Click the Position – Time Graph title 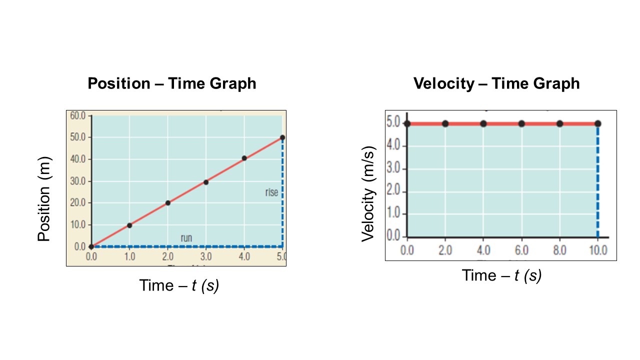coord(171,83)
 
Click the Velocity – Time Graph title coord(496,83)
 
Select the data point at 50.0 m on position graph coord(282,137)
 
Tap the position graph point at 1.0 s coord(129,225)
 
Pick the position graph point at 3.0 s coord(206,182)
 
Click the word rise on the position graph coord(271,192)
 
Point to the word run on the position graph coord(186,238)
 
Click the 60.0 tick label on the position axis coord(79,116)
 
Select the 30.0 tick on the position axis coord(79,181)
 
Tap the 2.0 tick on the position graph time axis coord(167,257)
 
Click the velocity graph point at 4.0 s coord(483,123)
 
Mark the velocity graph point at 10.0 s coord(597,123)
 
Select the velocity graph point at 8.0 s coord(559,123)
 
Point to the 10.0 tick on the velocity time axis coord(597,250)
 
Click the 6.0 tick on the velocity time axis coord(521,250)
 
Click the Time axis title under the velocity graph coord(501,275)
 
